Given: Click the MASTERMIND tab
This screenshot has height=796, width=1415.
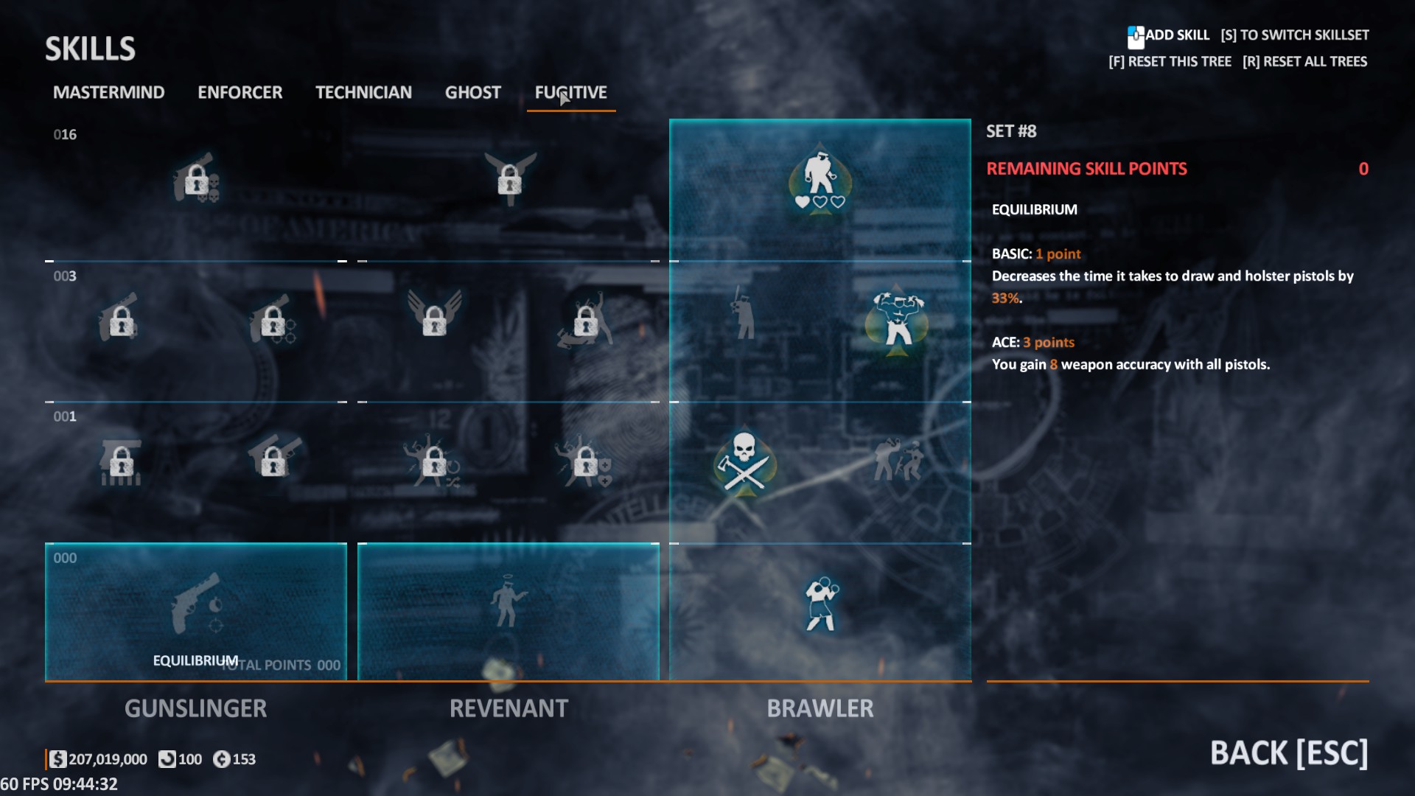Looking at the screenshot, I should click(x=108, y=93).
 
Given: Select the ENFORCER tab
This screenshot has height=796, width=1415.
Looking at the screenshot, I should click(x=240, y=93).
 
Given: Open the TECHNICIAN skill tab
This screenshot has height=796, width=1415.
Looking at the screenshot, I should click(x=363, y=93).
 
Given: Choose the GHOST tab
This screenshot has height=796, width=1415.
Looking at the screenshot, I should click(x=472, y=93).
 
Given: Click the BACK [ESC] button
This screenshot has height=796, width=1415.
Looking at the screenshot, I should click(x=1288, y=753).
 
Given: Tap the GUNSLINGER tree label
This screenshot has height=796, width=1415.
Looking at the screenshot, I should click(x=195, y=708).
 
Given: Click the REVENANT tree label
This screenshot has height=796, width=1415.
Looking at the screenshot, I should click(x=509, y=708).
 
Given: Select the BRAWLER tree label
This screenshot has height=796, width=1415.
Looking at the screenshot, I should click(x=820, y=708).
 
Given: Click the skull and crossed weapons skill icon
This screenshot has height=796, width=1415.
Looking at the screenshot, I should click(x=744, y=463).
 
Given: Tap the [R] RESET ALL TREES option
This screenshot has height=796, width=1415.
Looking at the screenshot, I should click(x=1304, y=62).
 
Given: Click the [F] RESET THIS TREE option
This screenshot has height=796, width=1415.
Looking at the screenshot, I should click(x=1170, y=62).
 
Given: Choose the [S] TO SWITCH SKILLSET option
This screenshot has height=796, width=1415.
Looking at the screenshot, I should click(x=1294, y=35).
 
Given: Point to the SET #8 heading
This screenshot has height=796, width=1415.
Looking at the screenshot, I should click(x=1011, y=131).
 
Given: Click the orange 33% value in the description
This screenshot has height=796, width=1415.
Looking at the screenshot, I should click(x=1005, y=298).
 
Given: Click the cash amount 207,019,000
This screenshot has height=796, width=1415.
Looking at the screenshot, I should click(x=108, y=759).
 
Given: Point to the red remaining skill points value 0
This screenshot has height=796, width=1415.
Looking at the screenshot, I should click(x=1363, y=169).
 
